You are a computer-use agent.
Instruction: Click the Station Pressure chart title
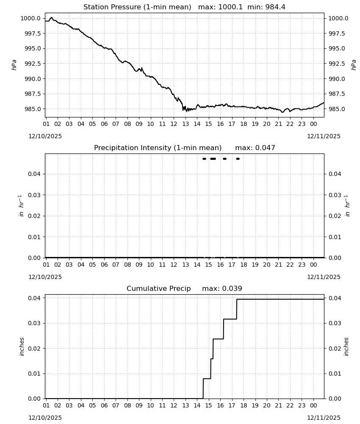(184, 7)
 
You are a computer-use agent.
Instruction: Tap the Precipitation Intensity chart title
(185, 148)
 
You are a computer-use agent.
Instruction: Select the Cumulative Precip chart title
(184, 288)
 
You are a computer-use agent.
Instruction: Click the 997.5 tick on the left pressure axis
(31, 33)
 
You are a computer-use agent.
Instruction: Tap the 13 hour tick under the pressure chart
(186, 124)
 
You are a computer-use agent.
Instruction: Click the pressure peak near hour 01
(52, 17)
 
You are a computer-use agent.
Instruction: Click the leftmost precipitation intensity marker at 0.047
(204, 159)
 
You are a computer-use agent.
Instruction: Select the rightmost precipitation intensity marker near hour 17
(238, 159)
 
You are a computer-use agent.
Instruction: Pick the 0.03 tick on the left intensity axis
(35, 195)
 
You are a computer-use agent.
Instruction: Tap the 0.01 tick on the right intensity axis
(335, 237)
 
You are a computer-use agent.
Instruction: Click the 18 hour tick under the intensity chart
(244, 265)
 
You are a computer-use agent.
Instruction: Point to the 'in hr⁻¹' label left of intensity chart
(22, 206)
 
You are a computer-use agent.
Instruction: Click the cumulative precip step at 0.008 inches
(207, 379)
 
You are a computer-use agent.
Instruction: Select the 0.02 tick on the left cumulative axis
(35, 348)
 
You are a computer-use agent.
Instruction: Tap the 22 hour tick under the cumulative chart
(290, 405)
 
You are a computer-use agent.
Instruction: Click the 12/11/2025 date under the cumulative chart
(324, 418)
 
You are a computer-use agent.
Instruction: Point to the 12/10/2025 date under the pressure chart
(45, 136)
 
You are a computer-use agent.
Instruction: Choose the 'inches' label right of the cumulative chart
(346, 347)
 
